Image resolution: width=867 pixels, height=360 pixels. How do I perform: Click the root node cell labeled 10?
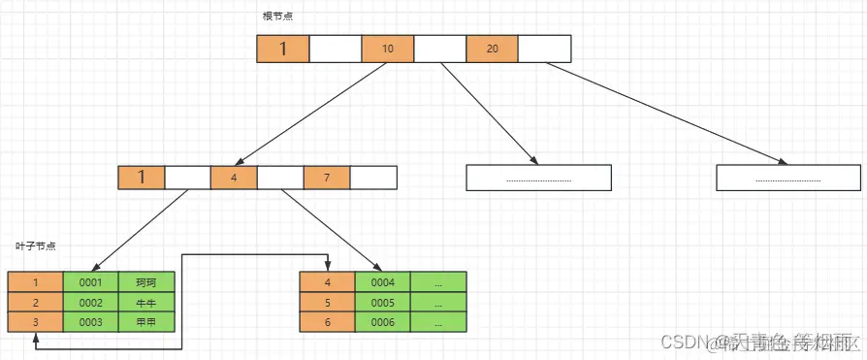tap(387, 49)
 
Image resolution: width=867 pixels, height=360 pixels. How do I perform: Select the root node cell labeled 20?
tap(492, 49)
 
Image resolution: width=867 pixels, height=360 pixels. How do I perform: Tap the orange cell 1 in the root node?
tap(282, 49)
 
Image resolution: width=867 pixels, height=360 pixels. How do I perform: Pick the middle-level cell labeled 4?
tap(234, 178)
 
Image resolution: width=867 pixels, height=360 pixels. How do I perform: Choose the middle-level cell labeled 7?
tap(327, 178)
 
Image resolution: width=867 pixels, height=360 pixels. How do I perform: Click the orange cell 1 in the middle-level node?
tap(142, 178)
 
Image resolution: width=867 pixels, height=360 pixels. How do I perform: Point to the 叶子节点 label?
tap(36, 246)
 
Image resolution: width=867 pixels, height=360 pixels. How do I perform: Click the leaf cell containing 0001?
tap(91, 282)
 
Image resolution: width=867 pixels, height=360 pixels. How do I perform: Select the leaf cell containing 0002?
tap(91, 302)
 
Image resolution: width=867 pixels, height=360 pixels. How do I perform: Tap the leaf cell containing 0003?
tap(91, 321)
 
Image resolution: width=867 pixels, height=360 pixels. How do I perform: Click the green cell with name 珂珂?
tap(147, 282)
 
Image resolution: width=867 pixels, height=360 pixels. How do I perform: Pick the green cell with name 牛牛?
tap(147, 302)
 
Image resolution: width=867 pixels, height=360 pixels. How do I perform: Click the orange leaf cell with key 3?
tap(35, 321)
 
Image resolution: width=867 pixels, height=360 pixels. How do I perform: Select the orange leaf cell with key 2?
tap(35, 302)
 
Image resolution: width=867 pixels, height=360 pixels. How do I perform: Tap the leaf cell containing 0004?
tap(383, 282)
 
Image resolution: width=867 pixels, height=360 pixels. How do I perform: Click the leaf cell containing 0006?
tap(383, 321)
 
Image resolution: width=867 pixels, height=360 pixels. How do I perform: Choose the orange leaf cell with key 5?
tap(327, 302)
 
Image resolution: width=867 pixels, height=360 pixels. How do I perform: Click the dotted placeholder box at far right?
tap(788, 178)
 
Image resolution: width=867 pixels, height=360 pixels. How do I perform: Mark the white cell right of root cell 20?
tap(545, 49)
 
